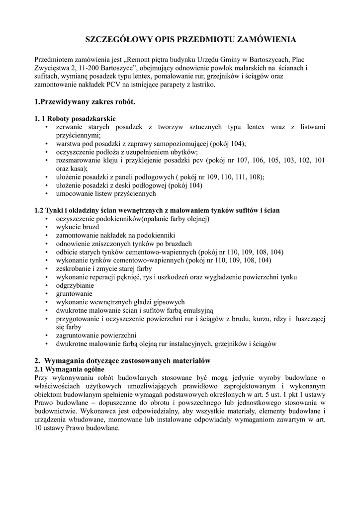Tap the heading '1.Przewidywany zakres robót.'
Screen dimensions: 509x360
(85, 102)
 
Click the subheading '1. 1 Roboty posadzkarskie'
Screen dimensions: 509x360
(75, 119)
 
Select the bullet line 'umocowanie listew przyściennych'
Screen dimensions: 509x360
(106, 193)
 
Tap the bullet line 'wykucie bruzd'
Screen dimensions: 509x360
(78, 227)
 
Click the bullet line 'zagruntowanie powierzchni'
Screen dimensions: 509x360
(96, 335)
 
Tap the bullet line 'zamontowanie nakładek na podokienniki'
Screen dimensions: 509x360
(115, 235)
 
